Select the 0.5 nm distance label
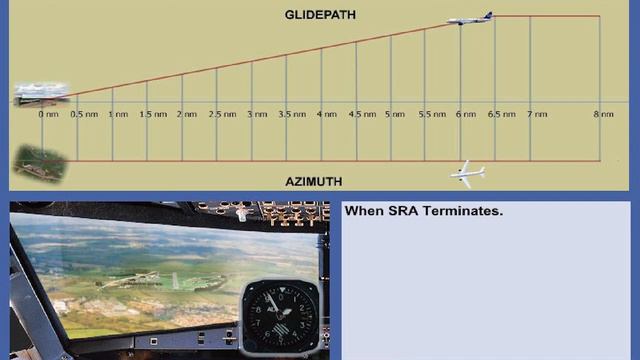click(x=82, y=115)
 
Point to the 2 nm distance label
click(x=187, y=115)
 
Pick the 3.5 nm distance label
click(x=292, y=115)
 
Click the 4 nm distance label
click(x=326, y=115)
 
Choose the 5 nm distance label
click(x=395, y=115)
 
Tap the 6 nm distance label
click(x=465, y=115)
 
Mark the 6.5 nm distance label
click(x=501, y=115)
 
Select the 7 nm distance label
click(x=537, y=115)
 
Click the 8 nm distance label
click(x=603, y=115)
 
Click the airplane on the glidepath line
click(x=469, y=18)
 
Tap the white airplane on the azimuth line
click(x=467, y=173)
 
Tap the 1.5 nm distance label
click(x=152, y=115)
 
